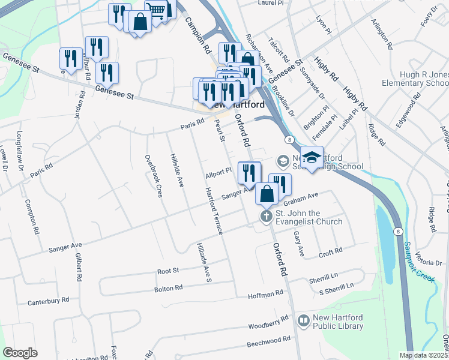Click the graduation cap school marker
pos(312,158)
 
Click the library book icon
pos(303,322)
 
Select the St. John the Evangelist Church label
pos(309,218)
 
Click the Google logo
pos(20,352)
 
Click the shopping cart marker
pos(155,10)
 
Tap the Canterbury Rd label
pos(49,299)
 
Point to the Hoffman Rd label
pos(266,294)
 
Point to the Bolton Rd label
pos(168,289)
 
